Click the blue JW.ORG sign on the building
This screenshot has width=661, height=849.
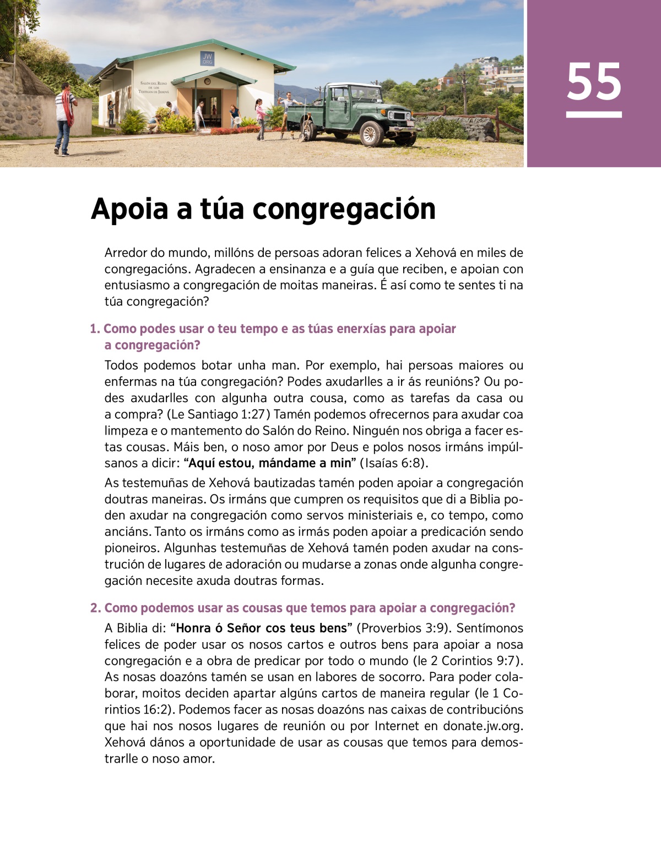pos(207,59)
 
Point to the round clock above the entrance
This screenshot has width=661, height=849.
pos(207,81)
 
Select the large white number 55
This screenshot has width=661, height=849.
pos(594,82)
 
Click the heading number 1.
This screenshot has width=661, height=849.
pos(94,329)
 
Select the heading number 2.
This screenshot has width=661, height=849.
pos(95,608)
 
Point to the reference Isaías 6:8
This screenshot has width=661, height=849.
pos(394,463)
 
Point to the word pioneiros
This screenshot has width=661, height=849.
pos(132,548)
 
